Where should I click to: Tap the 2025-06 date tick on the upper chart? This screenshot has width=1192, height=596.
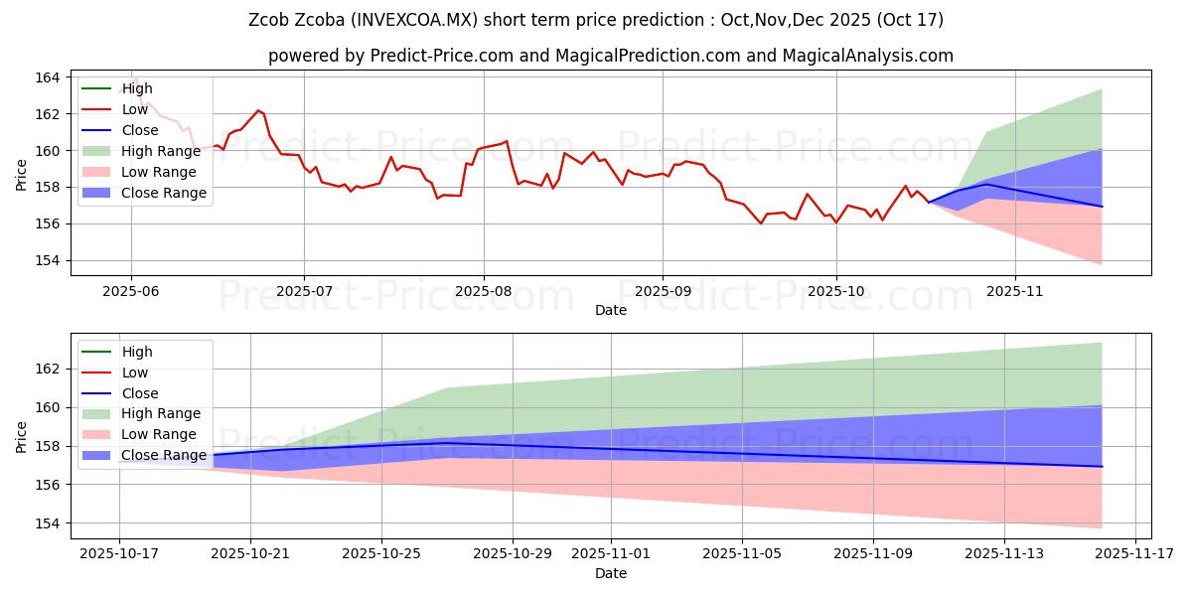pos(131,290)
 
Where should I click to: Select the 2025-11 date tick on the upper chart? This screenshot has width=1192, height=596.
pos(1014,290)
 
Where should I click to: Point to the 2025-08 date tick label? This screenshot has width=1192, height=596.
pos(484,290)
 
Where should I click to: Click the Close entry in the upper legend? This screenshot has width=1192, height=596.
pos(140,130)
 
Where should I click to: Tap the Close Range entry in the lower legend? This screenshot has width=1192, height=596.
pos(164,455)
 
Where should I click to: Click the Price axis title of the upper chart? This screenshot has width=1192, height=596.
pos(22,174)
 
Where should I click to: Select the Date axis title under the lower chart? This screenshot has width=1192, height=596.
pos(611,573)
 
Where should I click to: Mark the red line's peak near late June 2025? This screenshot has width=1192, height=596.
pos(258,110)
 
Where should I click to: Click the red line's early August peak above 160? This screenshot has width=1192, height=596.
pos(507,141)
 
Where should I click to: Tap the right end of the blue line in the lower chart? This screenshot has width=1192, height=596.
pos(1102,467)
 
